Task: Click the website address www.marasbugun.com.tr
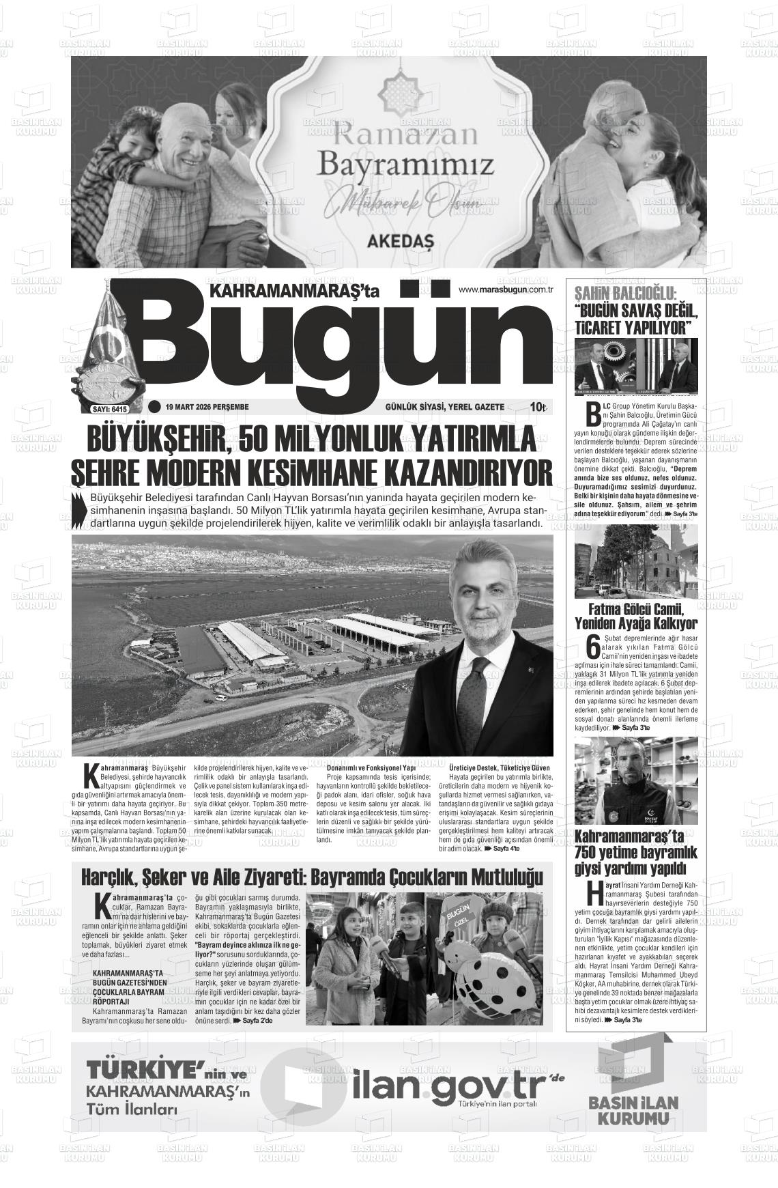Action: (504, 289)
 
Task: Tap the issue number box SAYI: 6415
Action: (110, 409)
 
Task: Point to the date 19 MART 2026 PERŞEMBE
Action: (207, 407)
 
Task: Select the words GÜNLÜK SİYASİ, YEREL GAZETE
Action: (444, 407)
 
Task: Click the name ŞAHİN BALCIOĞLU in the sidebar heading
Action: (625, 294)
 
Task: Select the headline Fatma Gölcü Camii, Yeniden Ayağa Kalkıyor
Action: (635, 616)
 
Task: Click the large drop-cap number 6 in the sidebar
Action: (592, 647)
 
